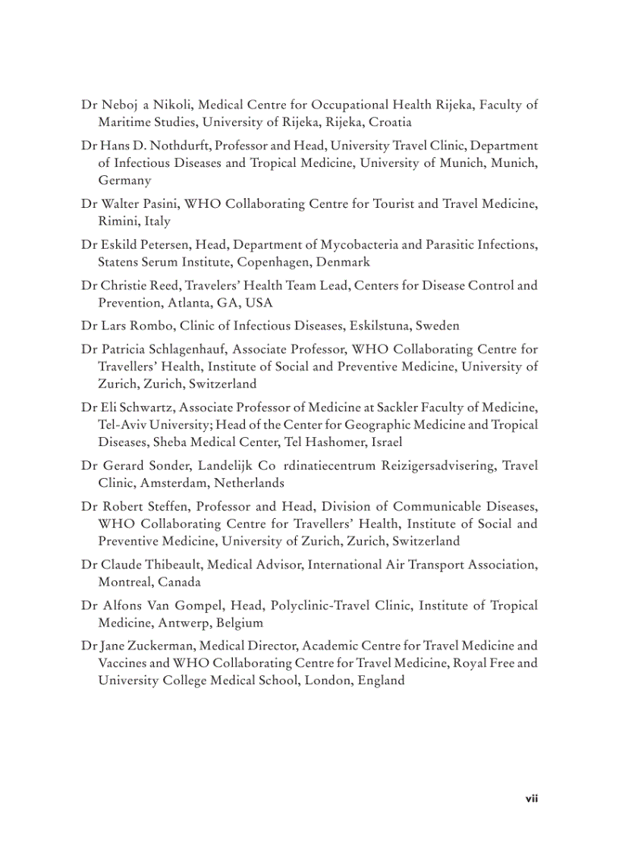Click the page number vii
point(532,799)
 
